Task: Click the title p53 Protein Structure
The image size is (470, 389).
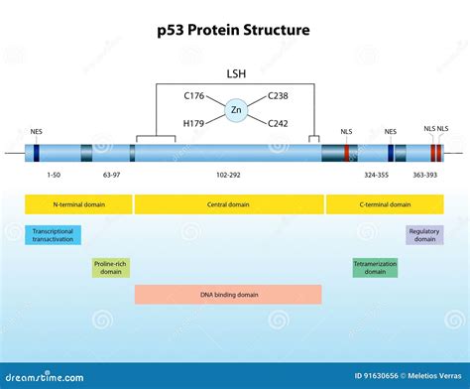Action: click(x=235, y=30)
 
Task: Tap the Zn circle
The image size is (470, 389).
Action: click(x=235, y=110)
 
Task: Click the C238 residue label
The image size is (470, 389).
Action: click(x=278, y=96)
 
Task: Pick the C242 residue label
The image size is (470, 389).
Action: click(x=278, y=123)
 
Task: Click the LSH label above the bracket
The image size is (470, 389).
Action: click(x=235, y=72)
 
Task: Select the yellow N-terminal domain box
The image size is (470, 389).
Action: click(x=78, y=204)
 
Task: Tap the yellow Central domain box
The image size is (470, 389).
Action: click(x=228, y=204)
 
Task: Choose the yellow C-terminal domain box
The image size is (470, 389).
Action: click(x=385, y=204)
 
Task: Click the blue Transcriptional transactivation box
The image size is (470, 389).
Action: click(x=53, y=234)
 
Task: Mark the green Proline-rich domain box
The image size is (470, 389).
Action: click(x=111, y=267)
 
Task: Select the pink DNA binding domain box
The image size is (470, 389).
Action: click(x=228, y=294)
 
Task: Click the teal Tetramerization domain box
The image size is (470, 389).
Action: click(x=374, y=267)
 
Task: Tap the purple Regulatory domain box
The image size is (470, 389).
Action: click(x=424, y=234)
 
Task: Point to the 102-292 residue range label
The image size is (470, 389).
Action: click(x=228, y=174)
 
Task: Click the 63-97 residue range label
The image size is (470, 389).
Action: click(x=111, y=174)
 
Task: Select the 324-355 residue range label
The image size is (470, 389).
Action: click(x=376, y=174)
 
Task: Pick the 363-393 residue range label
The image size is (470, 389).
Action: click(x=425, y=174)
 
